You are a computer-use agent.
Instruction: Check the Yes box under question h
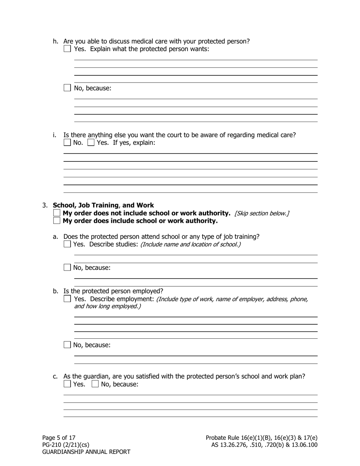pyautogui.click(x=67, y=49)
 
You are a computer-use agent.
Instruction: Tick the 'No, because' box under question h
pyautogui.click(x=67, y=88)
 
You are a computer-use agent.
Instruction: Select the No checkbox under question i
pyautogui.click(x=67, y=143)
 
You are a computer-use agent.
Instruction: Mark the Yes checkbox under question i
pyautogui.click(x=91, y=143)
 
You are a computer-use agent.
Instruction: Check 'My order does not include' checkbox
pyautogui.click(x=57, y=213)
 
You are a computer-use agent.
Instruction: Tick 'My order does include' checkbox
pyautogui.click(x=57, y=220)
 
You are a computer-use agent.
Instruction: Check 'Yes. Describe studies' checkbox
pyautogui.click(x=67, y=244)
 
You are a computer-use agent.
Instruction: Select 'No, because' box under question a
pyautogui.click(x=67, y=267)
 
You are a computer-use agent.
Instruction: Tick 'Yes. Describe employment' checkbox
pyautogui.click(x=67, y=299)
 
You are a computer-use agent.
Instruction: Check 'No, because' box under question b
pyautogui.click(x=67, y=345)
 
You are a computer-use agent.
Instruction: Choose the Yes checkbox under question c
pyautogui.click(x=67, y=384)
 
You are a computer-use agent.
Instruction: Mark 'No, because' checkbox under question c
pyautogui.click(x=95, y=384)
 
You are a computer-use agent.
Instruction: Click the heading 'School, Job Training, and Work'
pyautogui.click(x=103, y=205)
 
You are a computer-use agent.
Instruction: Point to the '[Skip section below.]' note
pyautogui.click(x=262, y=213)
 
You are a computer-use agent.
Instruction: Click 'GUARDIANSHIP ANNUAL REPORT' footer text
pyautogui.click(x=86, y=452)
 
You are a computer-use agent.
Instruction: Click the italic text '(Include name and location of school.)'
pyautogui.click(x=190, y=244)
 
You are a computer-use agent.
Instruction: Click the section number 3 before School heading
pyautogui.click(x=44, y=205)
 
